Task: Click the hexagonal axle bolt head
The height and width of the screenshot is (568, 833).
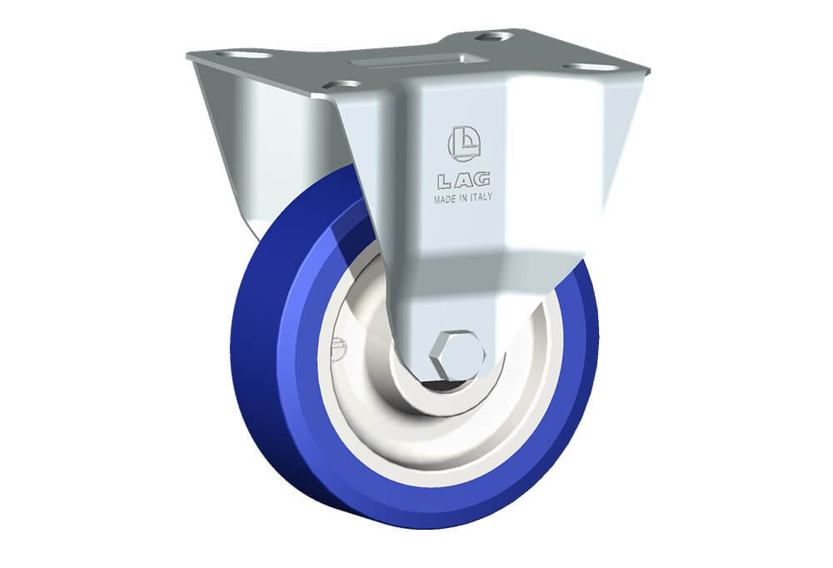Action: tap(457, 355)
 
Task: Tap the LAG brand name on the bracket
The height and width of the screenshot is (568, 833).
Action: tap(464, 181)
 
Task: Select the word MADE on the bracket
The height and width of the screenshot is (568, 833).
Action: tap(444, 200)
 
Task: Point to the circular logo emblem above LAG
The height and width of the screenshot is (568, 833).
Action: tap(464, 143)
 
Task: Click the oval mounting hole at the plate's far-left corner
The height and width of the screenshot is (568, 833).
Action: tap(242, 55)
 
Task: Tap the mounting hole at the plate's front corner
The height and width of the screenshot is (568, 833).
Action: tap(341, 85)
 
